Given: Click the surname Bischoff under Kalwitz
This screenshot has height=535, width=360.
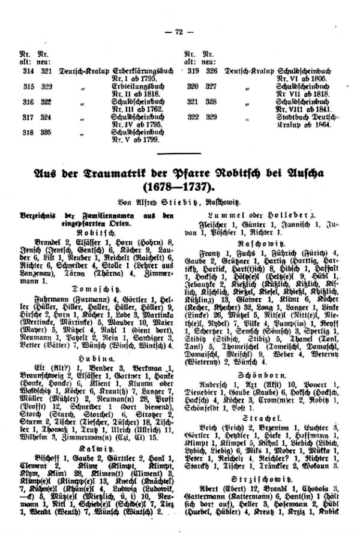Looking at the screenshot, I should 34,442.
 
